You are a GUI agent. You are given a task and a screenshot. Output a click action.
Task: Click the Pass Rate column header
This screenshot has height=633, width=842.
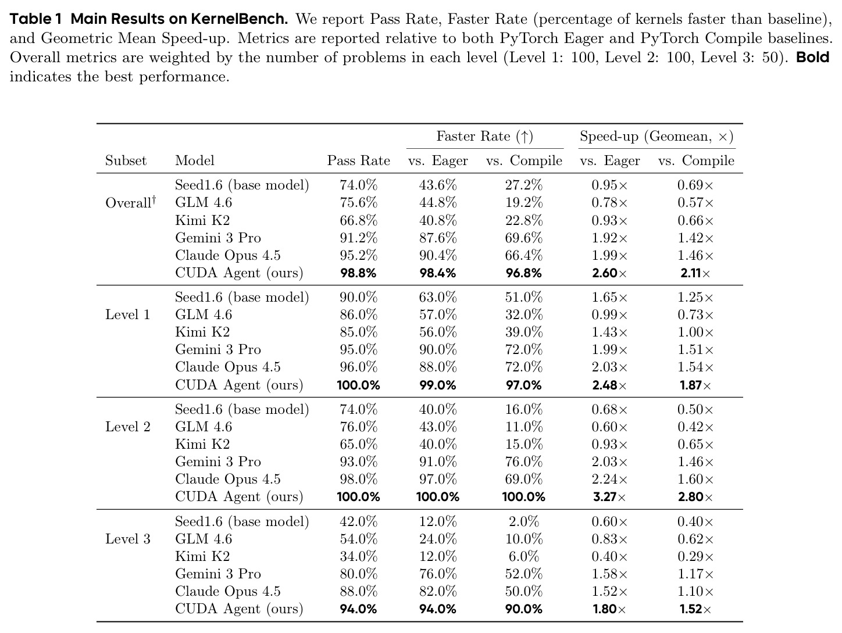click(x=358, y=160)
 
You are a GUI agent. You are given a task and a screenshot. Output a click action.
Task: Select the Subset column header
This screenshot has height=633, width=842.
click(x=126, y=160)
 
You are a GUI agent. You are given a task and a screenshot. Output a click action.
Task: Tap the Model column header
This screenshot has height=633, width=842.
click(x=194, y=160)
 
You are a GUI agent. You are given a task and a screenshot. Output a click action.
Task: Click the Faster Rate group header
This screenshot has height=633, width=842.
click(x=484, y=136)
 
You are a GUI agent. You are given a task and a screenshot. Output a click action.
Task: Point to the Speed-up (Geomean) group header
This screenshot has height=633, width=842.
click(x=657, y=136)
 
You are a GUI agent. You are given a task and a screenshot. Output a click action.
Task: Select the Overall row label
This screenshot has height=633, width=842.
click(x=130, y=202)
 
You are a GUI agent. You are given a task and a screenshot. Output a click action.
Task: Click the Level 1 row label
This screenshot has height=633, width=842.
click(x=127, y=314)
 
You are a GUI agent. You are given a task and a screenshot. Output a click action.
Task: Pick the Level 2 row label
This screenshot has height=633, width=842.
click(x=128, y=426)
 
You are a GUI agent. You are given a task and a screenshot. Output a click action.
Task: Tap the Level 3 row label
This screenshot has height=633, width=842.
click(x=128, y=539)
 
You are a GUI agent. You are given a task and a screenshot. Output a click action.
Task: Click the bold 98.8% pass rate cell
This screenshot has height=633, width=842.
click(x=358, y=273)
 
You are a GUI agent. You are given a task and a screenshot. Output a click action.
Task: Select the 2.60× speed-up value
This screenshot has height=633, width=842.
click(x=609, y=273)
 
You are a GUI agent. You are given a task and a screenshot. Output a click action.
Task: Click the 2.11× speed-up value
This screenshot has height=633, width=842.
click(x=695, y=273)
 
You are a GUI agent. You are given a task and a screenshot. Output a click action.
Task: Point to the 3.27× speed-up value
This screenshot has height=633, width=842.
click(x=609, y=497)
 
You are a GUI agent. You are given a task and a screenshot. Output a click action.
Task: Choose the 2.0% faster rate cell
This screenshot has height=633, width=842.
click(x=523, y=521)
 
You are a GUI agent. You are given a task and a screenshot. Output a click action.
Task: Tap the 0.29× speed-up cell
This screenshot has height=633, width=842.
click(x=695, y=556)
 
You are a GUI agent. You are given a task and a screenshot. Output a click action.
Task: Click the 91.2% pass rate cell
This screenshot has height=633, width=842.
click(x=358, y=238)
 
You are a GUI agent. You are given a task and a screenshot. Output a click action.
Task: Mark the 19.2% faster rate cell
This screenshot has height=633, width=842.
click(x=523, y=202)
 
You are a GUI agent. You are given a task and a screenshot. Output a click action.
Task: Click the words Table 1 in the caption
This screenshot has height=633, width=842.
click(x=35, y=19)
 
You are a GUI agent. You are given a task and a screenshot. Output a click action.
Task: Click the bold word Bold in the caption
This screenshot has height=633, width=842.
click(x=812, y=57)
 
